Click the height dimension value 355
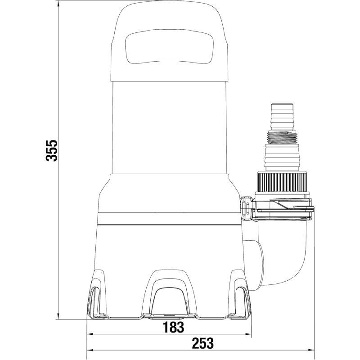[51, 151]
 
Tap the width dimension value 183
[173, 327]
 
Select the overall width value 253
[203, 343]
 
